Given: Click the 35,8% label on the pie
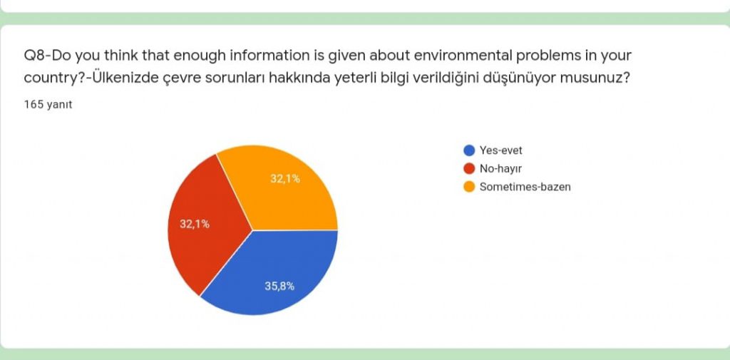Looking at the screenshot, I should [279, 286].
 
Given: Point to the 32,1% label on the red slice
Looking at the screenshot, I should [194, 224].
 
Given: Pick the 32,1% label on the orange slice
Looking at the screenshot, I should [284, 179].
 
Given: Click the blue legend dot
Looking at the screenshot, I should [469, 150].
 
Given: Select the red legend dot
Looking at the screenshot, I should [469, 169].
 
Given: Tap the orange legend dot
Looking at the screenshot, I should [469, 187].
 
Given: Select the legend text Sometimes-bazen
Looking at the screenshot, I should [525, 187].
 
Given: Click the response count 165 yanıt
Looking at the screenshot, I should [48, 104].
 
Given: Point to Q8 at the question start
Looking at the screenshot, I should [36, 55].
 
